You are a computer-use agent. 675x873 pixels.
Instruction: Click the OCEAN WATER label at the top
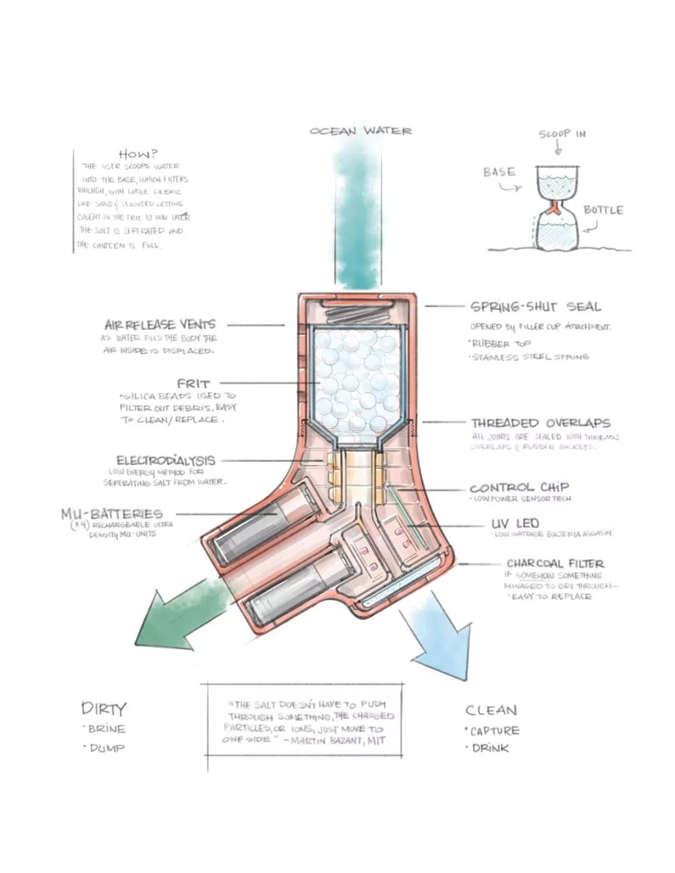(361, 131)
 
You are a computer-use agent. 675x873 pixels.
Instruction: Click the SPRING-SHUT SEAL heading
(535, 307)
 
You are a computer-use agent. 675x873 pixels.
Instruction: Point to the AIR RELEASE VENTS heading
(160, 324)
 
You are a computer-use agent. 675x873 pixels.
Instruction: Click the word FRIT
(193, 384)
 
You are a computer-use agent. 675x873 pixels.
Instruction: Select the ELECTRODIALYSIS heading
(166, 461)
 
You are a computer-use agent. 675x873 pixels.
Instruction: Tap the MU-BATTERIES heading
(112, 514)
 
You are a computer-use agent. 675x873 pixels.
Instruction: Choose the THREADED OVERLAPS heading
(541, 423)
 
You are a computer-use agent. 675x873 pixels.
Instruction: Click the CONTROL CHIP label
(519, 487)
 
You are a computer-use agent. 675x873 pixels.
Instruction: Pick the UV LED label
(515, 523)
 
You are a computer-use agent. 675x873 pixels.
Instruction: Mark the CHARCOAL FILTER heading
(555, 563)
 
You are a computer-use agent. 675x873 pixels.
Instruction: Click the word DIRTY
(104, 709)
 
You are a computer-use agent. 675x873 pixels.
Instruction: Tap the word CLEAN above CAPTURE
(491, 710)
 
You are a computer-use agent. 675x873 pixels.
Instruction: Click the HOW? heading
(138, 153)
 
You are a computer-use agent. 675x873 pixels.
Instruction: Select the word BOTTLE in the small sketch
(603, 210)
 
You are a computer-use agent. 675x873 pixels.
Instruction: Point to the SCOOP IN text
(562, 134)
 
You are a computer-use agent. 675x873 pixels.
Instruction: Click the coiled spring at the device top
(356, 311)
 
